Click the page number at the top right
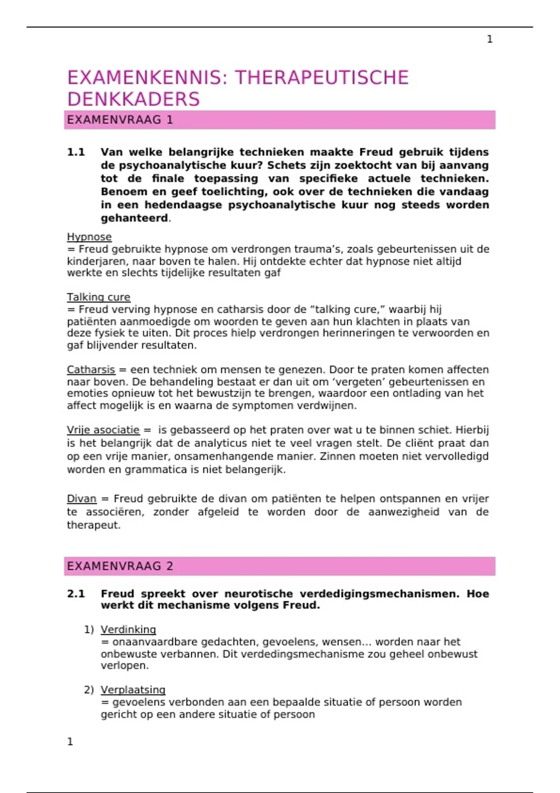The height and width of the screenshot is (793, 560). tap(490, 39)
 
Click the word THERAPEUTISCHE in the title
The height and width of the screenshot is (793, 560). tap(322, 78)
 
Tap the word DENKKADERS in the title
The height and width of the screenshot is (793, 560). tap(133, 99)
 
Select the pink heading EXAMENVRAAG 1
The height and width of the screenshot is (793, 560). tap(120, 120)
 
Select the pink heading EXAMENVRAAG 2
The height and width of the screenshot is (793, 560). tap(120, 566)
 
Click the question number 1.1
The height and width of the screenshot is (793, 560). tap(76, 152)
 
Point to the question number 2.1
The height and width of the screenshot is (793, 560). tap(76, 594)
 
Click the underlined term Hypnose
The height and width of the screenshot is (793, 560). tap(89, 237)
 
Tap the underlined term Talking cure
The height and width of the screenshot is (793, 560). tap(98, 297)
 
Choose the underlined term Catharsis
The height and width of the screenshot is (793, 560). tap(91, 370)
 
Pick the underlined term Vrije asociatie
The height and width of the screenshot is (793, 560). tap(103, 430)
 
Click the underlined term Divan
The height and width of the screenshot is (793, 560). tap(82, 499)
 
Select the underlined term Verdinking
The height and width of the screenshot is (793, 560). tap(128, 630)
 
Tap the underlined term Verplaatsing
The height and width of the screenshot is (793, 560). tap(133, 690)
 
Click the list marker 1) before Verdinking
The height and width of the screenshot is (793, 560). tap(89, 630)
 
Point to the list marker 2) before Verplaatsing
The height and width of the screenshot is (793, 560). tap(89, 690)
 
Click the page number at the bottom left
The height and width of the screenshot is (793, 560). tap(70, 742)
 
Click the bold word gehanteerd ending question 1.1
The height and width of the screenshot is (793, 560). tap(134, 218)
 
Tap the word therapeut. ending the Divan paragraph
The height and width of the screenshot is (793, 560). tap(94, 525)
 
